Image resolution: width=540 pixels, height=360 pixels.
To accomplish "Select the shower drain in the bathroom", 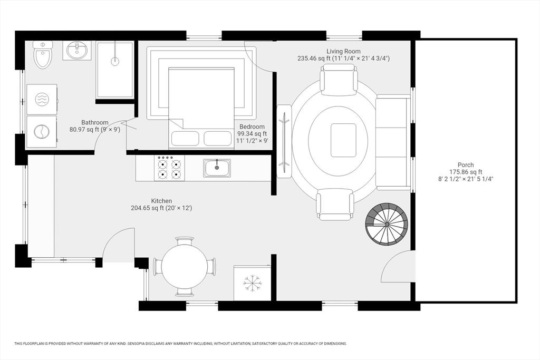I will (x=114, y=61).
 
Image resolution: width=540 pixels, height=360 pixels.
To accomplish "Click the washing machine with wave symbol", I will (x=42, y=100).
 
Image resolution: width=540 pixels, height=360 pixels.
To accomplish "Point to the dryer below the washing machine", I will (x=42, y=131).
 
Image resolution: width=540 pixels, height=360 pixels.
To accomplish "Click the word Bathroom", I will (x=95, y=122).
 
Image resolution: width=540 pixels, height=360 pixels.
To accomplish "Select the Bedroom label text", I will (x=252, y=127).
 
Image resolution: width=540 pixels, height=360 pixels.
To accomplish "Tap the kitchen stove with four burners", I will (x=170, y=168).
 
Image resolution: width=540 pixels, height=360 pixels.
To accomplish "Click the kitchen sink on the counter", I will (x=217, y=168).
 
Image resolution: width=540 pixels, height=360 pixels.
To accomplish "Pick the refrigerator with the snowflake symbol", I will (x=253, y=283).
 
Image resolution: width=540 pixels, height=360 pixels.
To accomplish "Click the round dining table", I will (x=184, y=266).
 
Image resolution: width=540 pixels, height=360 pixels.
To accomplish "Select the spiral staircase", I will (x=387, y=224).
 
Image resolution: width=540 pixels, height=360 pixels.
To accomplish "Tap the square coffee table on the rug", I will (x=343, y=140).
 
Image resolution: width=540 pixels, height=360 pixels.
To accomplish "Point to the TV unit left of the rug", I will (x=284, y=141).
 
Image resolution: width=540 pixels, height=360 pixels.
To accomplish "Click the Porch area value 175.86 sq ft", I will (x=466, y=172).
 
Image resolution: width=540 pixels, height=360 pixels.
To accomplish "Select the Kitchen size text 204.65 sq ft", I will (x=161, y=208).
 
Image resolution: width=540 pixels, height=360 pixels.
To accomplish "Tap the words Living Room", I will (x=343, y=51).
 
